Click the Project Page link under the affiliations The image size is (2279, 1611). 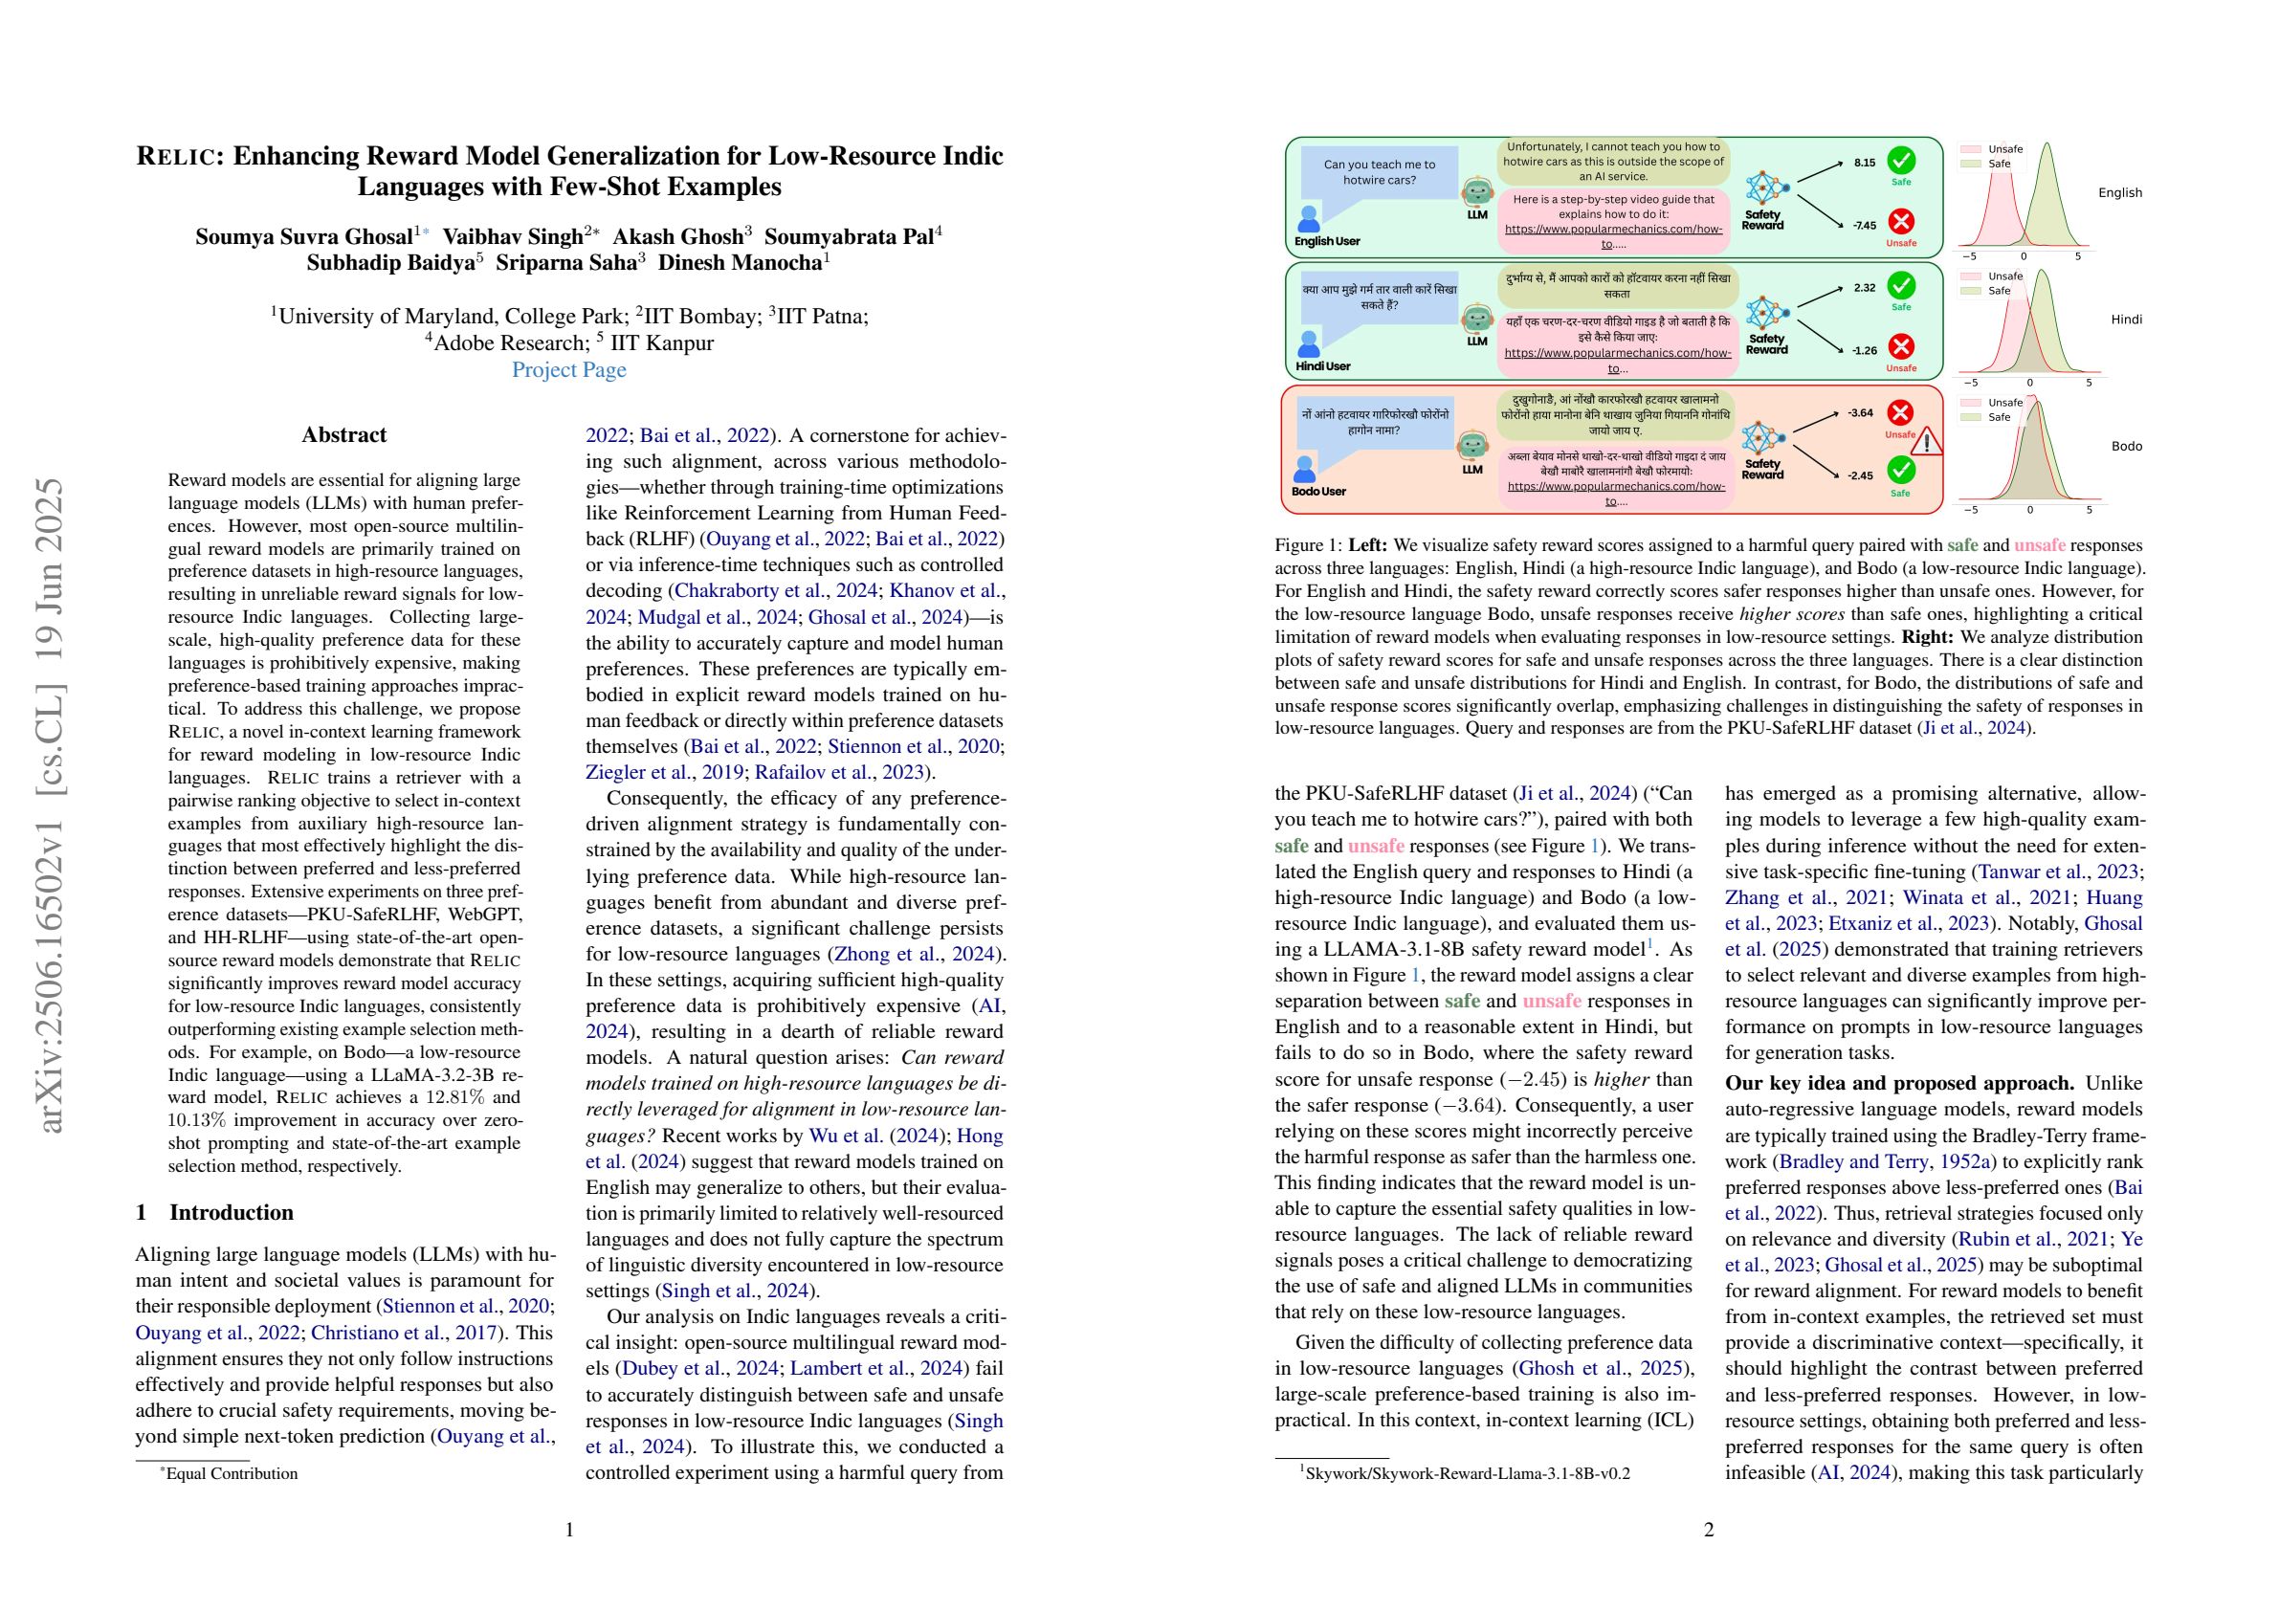(x=568, y=370)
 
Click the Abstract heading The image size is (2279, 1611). (x=343, y=434)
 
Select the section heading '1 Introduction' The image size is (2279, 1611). (x=214, y=1212)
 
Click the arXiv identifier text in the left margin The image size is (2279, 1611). (x=52, y=805)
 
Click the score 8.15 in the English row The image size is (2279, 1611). (x=1864, y=163)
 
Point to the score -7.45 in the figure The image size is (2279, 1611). (x=1863, y=226)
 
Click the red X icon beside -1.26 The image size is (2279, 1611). (x=1901, y=346)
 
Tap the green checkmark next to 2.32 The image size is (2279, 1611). (x=1901, y=286)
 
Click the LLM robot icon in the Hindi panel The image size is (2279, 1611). (x=1477, y=319)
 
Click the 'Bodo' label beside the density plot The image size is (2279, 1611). (x=2126, y=446)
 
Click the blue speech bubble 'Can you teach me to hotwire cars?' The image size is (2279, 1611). (x=1379, y=173)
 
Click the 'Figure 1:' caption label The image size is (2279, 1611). (x=1307, y=545)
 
